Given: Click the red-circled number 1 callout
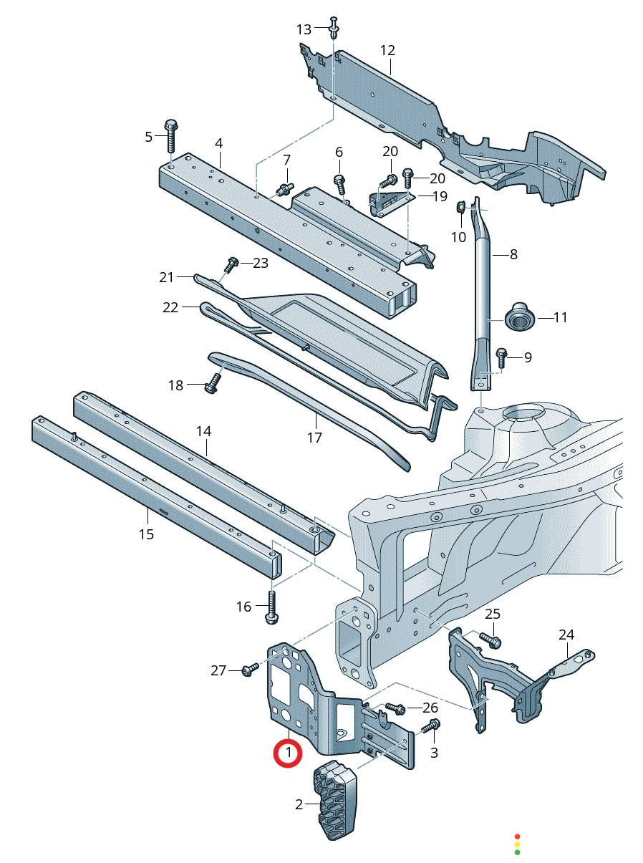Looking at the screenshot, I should (x=289, y=753).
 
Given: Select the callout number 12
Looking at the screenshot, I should (x=387, y=51).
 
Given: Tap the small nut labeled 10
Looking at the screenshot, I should (x=460, y=208).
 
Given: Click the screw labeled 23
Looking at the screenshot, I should (x=231, y=264).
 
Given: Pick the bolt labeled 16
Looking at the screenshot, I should (x=272, y=606).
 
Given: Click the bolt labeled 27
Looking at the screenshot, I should (x=250, y=670).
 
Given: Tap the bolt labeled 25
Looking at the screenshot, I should (x=490, y=639).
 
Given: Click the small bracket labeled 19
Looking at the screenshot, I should (x=389, y=202).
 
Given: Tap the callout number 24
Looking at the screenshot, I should (x=566, y=635).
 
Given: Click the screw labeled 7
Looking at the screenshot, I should (x=286, y=190).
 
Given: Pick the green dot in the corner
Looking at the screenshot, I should (x=517, y=852).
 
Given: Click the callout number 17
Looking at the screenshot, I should (x=314, y=438).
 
